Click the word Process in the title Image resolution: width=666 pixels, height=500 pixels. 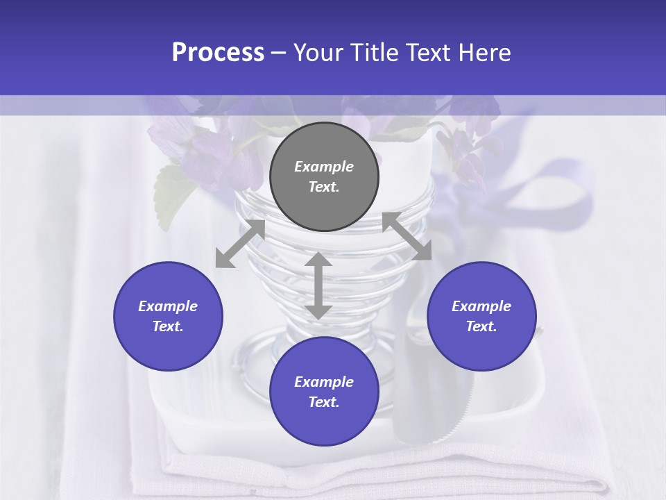[x=218, y=53]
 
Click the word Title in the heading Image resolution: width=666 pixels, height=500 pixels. [x=375, y=53]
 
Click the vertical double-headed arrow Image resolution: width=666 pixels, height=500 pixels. [x=318, y=285]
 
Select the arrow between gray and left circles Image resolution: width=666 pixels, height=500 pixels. [x=240, y=244]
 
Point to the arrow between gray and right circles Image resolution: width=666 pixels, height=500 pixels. [x=407, y=236]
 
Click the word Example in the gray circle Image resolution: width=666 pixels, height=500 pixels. [x=324, y=167]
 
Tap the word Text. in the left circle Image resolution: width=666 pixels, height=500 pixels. [x=168, y=326]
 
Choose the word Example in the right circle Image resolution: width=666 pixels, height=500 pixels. [x=481, y=306]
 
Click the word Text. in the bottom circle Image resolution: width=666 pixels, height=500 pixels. [x=324, y=402]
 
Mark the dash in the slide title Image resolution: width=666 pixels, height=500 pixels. [x=279, y=53]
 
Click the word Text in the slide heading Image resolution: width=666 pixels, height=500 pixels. [x=430, y=53]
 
